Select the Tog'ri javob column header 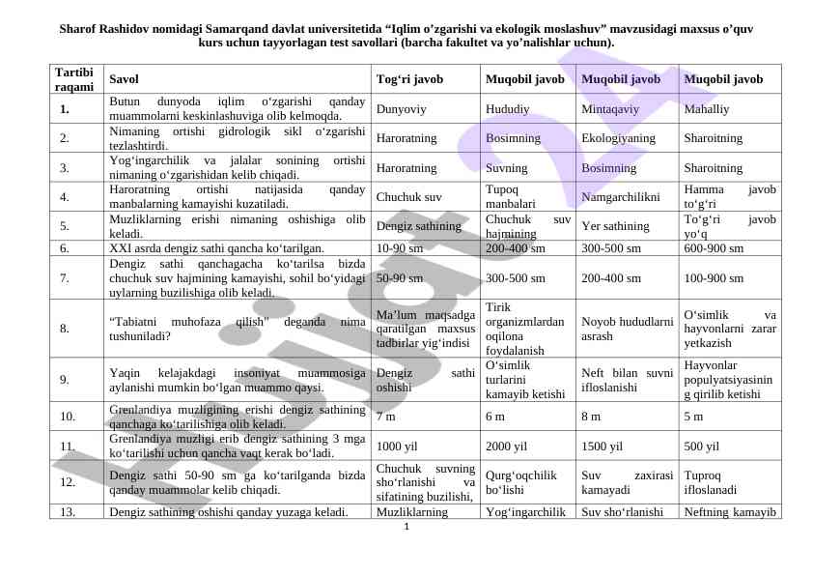[409, 79]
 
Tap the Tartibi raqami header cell [74, 79]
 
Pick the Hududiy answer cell [508, 109]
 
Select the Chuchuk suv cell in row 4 [408, 197]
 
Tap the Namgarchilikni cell [621, 197]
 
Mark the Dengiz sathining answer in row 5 [418, 227]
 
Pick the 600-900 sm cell [714, 248]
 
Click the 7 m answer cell [385, 417]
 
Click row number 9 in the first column [64, 380]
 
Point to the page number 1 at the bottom [406, 527]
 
